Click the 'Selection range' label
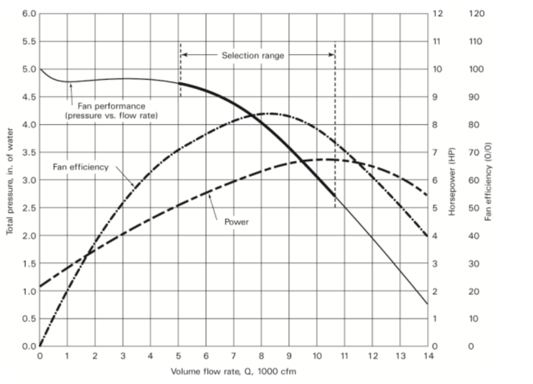[253, 56]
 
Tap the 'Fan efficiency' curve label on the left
[81, 167]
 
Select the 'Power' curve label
[236, 222]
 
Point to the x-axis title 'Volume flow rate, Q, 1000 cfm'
[234, 371]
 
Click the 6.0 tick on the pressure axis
[29, 14]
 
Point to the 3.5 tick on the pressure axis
[29, 153]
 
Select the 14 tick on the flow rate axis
[428, 356]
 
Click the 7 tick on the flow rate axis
[234, 356]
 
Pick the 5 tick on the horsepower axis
[436, 208]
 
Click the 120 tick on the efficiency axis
[476, 14]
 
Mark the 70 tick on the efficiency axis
[475, 153]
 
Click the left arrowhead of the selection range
[184, 55]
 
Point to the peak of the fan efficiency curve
[271, 113]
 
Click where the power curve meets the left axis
[40, 286]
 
